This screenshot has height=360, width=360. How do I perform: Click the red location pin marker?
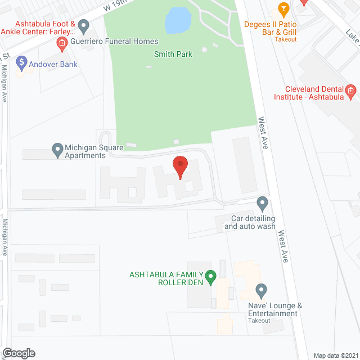click(180, 166)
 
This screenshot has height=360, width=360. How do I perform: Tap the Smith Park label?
click(173, 55)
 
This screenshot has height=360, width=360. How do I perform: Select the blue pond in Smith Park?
click(178, 21)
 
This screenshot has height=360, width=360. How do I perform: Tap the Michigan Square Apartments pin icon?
click(57, 150)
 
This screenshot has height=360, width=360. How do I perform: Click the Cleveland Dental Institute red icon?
click(350, 91)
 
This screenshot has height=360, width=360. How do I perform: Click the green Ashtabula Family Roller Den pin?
click(210, 276)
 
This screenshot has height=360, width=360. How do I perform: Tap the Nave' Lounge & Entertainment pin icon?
click(260, 291)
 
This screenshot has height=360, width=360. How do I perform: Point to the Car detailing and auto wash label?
click(250, 222)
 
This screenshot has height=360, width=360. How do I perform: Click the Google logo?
click(18, 353)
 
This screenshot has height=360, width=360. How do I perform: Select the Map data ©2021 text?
click(335, 355)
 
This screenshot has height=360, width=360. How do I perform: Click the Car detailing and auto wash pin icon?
click(262, 202)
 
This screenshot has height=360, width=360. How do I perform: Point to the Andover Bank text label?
click(53, 64)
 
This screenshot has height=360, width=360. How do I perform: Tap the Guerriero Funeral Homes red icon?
click(62, 42)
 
